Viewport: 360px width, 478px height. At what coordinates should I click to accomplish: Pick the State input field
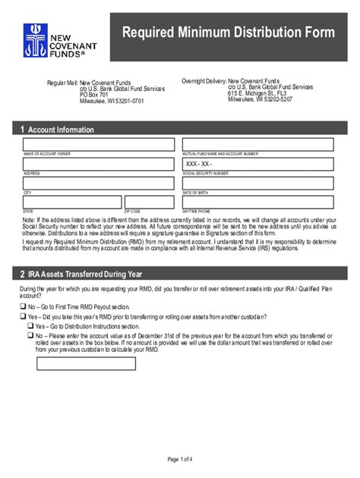[71, 202]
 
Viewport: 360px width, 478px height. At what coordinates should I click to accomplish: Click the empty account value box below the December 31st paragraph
[86, 363]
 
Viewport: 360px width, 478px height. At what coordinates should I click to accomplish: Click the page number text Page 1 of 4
[180, 458]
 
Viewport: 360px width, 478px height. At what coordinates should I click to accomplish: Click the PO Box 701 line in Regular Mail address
[95, 95]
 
